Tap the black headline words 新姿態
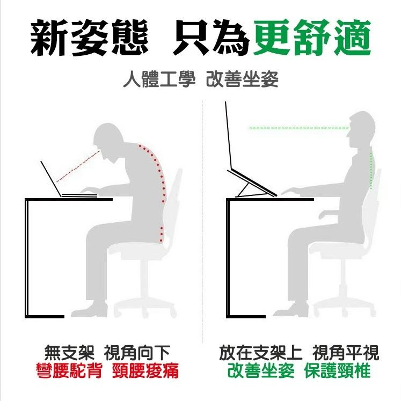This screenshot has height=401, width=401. [x=89, y=38]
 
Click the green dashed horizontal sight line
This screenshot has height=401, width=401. [x=298, y=128]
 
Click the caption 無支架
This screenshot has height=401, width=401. [x=69, y=353]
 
